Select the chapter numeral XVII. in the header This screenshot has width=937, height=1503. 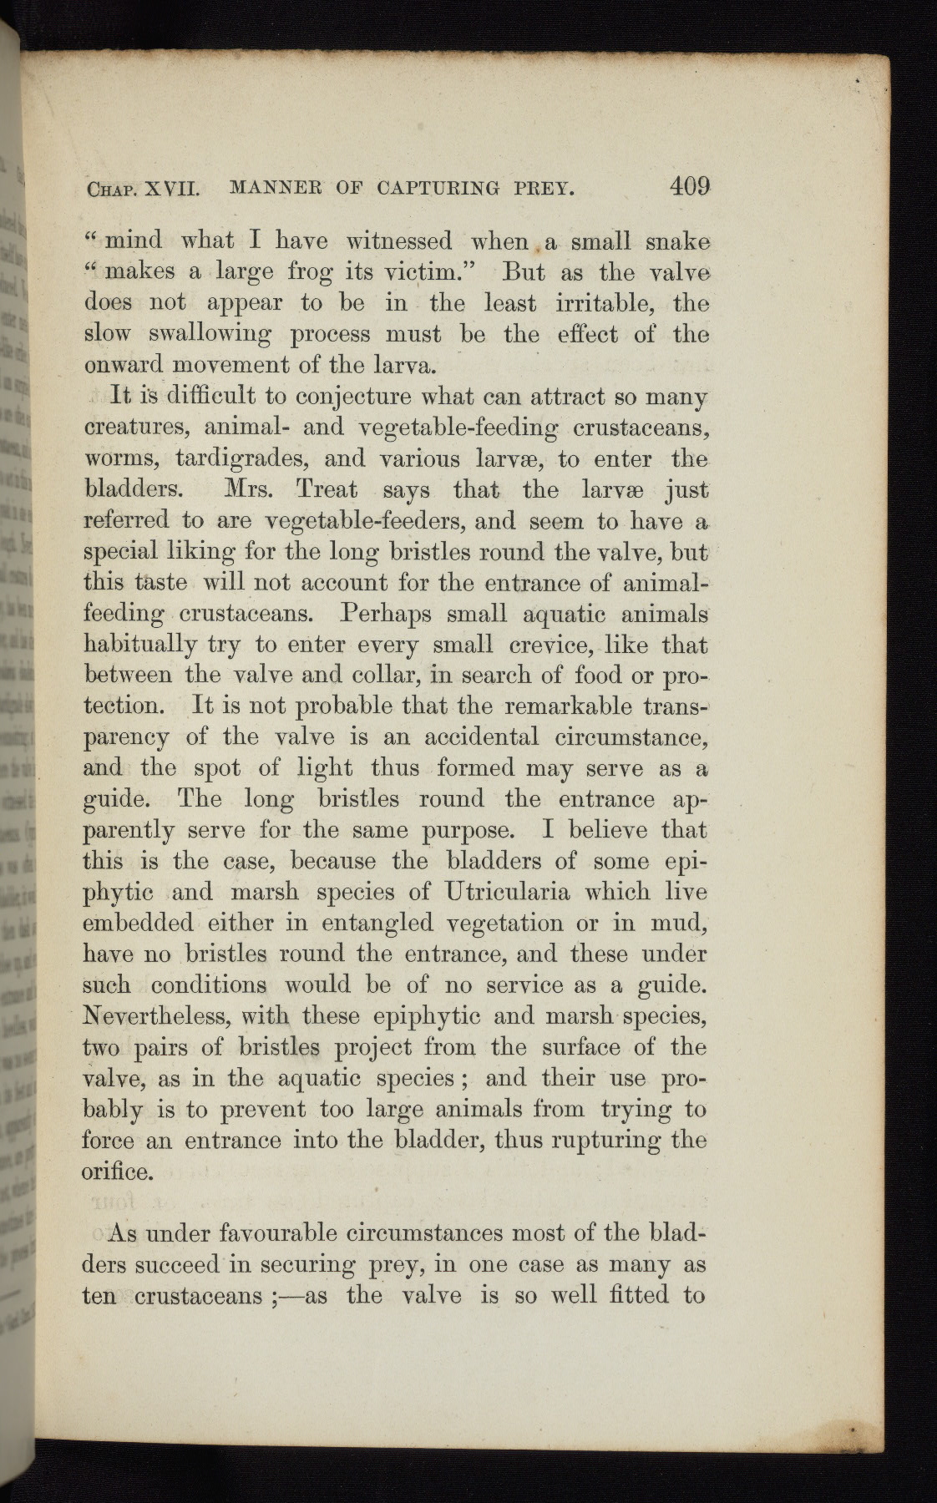point(168,189)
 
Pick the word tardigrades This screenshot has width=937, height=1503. point(239,458)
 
